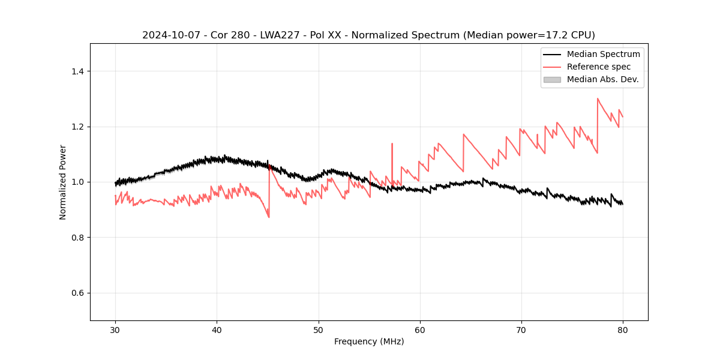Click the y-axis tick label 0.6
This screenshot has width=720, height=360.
77,293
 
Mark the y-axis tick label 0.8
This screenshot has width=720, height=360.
77,238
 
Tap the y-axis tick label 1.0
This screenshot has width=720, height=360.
77,182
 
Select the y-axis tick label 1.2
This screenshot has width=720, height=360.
77,127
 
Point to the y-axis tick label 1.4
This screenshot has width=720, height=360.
77,71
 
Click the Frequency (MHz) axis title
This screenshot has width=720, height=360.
369,341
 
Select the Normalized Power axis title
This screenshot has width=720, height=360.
63,182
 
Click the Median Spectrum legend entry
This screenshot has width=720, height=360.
603,54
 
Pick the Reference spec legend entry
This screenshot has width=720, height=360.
598,67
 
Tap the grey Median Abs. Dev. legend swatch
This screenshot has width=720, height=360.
552,79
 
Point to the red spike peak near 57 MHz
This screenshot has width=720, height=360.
392,144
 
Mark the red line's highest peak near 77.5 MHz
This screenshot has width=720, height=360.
598,98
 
